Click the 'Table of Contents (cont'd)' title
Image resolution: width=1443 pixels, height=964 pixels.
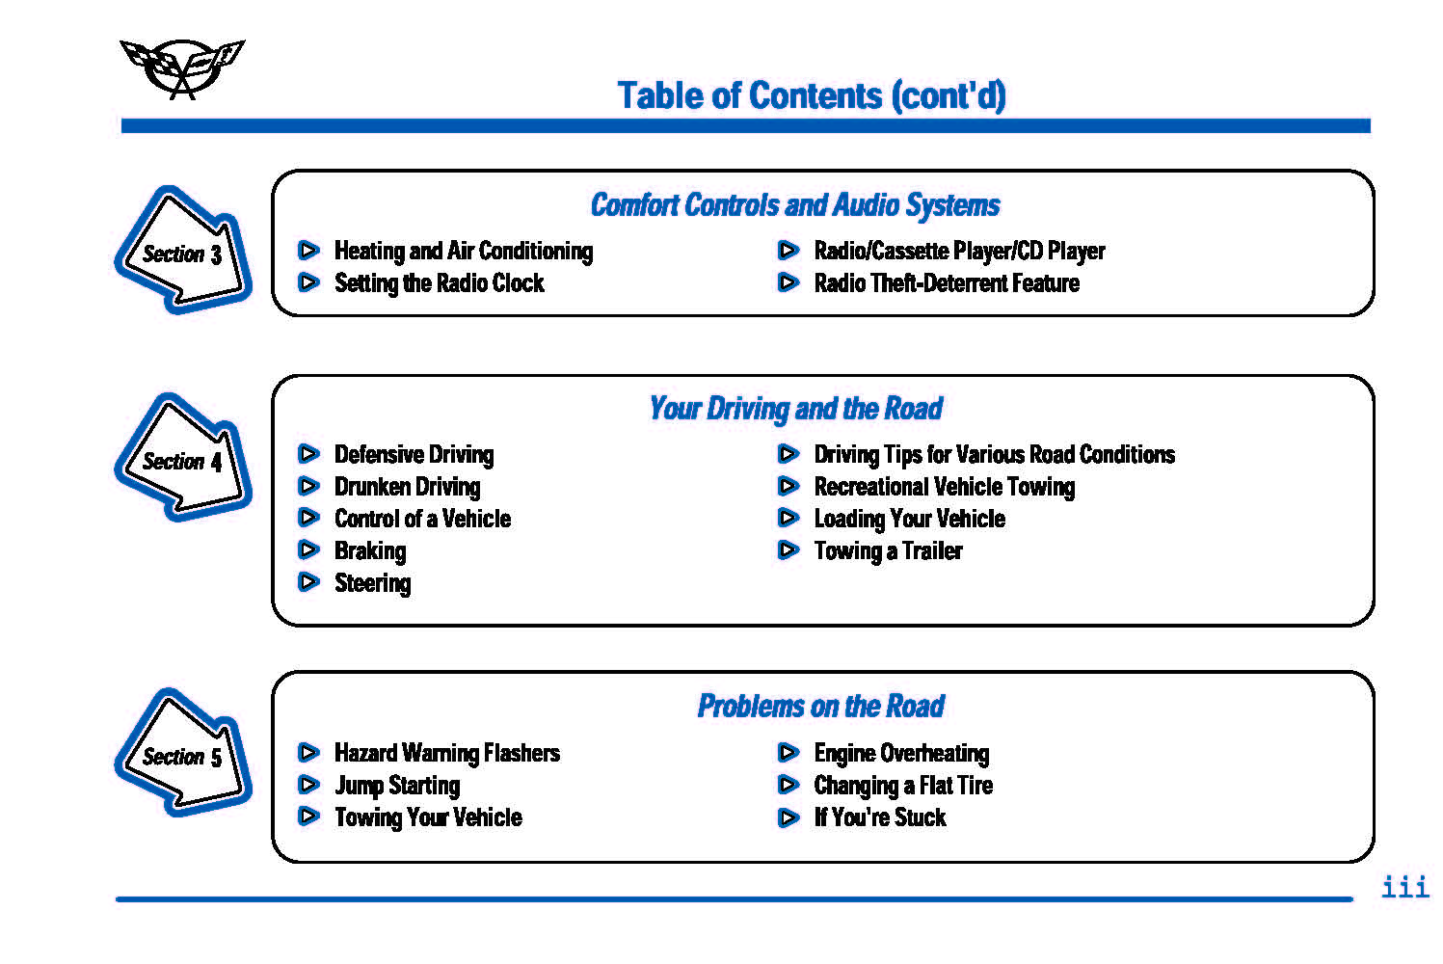[x=812, y=96]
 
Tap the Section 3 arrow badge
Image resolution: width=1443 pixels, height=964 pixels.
[x=183, y=250]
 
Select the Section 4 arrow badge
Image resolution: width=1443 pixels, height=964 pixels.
[x=183, y=457]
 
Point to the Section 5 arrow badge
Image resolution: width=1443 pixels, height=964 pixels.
[x=183, y=752]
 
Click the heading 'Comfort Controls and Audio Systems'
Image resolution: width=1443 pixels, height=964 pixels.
[x=795, y=205]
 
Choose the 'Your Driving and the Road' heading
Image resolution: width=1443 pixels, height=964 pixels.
[x=795, y=409]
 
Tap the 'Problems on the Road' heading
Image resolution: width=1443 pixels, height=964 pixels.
[x=821, y=706]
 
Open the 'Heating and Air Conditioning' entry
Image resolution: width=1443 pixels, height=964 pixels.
[x=464, y=252]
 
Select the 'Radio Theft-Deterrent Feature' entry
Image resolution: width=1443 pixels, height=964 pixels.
[x=947, y=282]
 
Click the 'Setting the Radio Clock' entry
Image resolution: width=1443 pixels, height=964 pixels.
[x=440, y=283]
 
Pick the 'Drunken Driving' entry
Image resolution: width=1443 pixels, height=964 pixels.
[x=407, y=487]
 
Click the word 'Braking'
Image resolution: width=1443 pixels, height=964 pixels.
[x=370, y=551]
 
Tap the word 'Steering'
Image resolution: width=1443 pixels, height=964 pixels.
[x=373, y=584]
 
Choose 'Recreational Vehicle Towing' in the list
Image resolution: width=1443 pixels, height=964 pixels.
[x=945, y=487]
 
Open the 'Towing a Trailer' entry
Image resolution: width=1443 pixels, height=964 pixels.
[x=889, y=551]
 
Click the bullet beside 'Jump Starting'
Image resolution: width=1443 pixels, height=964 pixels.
[x=308, y=785]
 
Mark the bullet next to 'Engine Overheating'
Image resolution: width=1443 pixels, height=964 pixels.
[x=788, y=752]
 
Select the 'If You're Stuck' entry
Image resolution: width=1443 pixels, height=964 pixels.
[x=880, y=817]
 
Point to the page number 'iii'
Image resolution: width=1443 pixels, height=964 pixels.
[x=1405, y=887]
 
